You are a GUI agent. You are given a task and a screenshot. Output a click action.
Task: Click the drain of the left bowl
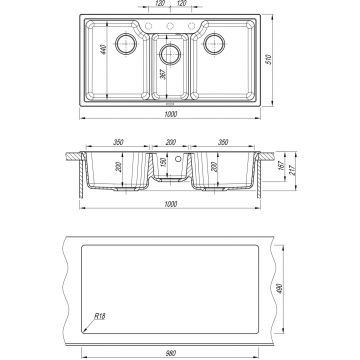[x=126, y=44]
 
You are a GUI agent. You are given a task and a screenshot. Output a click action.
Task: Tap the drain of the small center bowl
[x=170, y=54]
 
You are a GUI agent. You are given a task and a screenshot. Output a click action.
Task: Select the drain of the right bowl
[x=214, y=44]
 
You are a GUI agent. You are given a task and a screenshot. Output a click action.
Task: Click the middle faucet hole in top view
[x=170, y=26]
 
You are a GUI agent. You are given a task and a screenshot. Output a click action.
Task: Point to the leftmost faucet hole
[x=149, y=26]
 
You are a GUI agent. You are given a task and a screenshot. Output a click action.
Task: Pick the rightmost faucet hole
[x=192, y=26]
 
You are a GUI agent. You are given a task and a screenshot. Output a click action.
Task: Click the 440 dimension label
[x=103, y=49]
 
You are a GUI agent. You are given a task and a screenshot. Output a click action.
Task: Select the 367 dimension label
[x=163, y=74]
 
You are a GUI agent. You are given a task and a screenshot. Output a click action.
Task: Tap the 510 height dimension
[x=269, y=59]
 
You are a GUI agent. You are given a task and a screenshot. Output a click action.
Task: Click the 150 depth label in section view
[x=163, y=163]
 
